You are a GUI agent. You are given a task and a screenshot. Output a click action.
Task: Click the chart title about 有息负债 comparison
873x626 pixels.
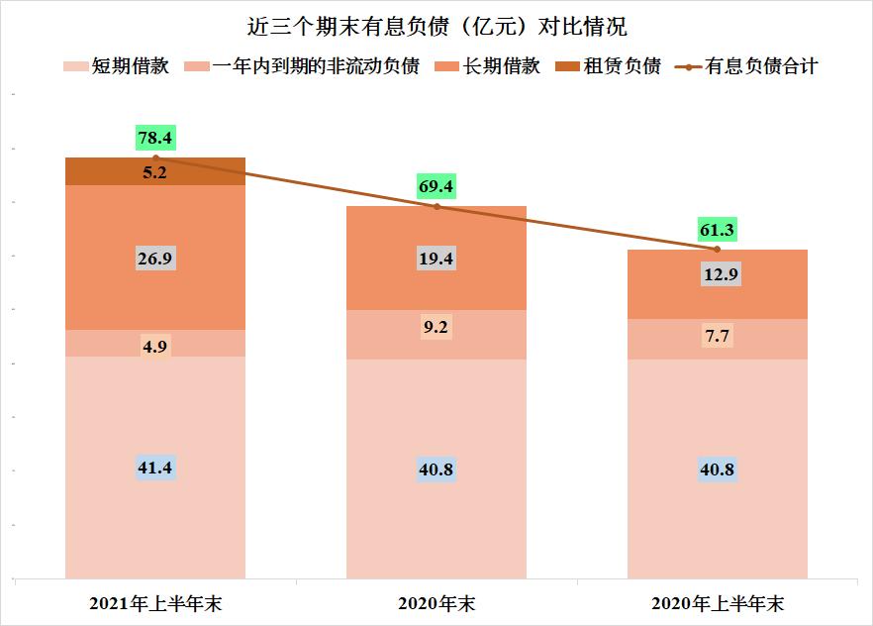pyautogui.click(x=436, y=24)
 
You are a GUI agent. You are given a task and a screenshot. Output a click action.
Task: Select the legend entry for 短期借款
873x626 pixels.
pyautogui.click(x=117, y=67)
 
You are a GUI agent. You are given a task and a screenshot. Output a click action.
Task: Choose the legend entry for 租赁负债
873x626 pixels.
pyautogui.click(x=609, y=67)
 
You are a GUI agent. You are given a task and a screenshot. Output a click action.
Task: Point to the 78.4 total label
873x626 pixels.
pyautogui.click(x=155, y=138)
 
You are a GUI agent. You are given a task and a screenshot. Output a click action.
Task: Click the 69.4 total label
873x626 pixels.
pyautogui.click(x=436, y=186)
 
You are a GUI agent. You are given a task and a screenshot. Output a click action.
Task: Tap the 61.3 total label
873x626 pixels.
pyautogui.click(x=717, y=230)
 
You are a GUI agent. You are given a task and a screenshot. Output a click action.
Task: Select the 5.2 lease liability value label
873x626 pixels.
pyautogui.click(x=155, y=171)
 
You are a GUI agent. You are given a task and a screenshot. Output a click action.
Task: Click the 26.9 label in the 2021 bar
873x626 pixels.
pyautogui.click(x=155, y=258)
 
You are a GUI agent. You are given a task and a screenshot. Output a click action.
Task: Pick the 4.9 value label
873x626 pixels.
pyautogui.click(x=155, y=345)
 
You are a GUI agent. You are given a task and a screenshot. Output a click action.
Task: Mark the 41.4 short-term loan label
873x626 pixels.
pyautogui.click(x=155, y=468)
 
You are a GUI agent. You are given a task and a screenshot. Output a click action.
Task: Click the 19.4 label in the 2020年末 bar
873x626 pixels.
pyautogui.click(x=436, y=259)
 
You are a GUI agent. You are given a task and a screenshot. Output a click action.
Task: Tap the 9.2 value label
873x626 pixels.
pyautogui.click(x=436, y=326)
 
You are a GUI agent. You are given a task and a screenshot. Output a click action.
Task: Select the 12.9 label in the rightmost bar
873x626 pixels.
pyautogui.click(x=717, y=274)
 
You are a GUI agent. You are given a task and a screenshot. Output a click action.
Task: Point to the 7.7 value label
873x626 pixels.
pyautogui.click(x=717, y=337)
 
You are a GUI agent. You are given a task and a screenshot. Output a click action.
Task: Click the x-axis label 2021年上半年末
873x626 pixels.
pyautogui.click(x=155, y=603)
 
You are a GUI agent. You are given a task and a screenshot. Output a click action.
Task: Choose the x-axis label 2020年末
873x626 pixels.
pyautogui.click(x=436, y=603)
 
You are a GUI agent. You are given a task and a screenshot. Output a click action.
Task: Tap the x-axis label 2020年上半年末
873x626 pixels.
pyautogui.click(x=717, y=603)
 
